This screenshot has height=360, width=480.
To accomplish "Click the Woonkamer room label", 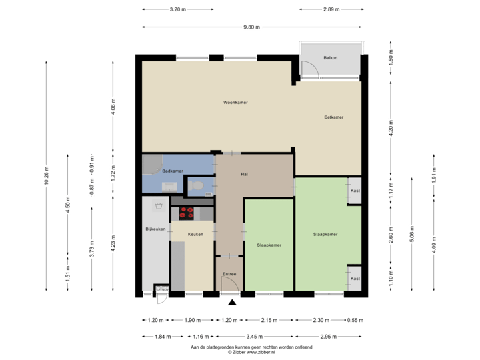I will (235, 103).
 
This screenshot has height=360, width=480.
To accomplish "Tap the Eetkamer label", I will (333, 117).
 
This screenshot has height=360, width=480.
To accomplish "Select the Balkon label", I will (330, 58).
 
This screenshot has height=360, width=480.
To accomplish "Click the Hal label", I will (245, 175).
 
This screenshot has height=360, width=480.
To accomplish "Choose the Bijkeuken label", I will (155, 229).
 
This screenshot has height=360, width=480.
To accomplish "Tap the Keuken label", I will (195, 234).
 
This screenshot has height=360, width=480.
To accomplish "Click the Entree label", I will (229, 274).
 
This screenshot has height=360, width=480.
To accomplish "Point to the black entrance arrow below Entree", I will (232, 303).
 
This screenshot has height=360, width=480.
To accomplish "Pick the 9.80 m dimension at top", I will (251, 27).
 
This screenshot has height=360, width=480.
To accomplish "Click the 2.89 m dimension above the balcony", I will (331, 10).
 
